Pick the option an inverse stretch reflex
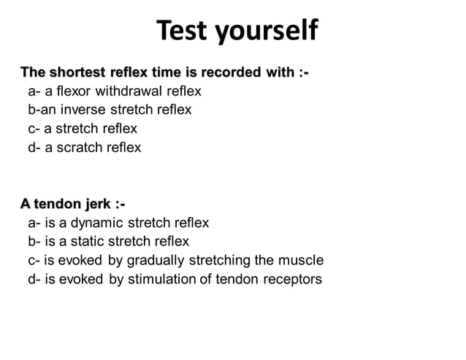coord(110,110)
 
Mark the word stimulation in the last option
coord(161,279)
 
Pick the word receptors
coord(291,279)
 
